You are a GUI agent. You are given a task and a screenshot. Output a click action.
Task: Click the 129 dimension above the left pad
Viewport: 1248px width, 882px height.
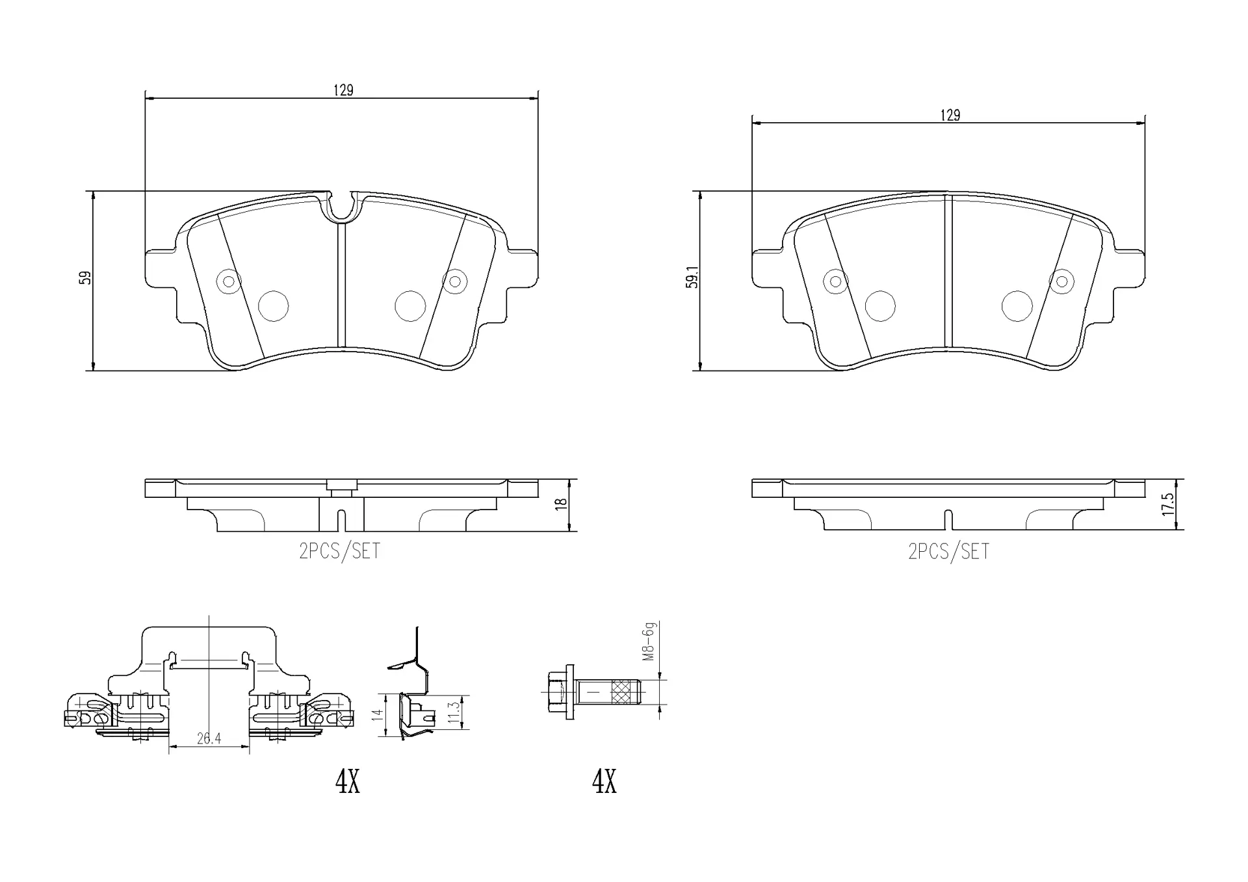tap(343, 90)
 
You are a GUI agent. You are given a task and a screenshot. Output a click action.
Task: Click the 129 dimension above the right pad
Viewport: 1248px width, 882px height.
tap(950, 116)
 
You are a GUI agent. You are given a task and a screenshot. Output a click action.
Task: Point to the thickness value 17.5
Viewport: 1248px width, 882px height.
tap(1167, 504)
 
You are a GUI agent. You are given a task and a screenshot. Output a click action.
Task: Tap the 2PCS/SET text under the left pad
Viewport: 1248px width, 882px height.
tap(339, 552)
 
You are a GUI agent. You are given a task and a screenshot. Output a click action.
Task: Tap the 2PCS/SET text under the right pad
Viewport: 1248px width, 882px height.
tap(948, 552)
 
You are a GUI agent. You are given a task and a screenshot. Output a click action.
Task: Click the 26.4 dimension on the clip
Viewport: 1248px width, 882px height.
tap(209, 739)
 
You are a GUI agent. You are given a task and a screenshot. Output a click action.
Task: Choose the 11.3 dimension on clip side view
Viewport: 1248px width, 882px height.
tap(454, 713)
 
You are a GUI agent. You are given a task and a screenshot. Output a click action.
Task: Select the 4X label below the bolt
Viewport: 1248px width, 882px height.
tap(604, 782)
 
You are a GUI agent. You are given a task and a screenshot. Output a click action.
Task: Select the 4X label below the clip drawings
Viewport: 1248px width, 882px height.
tap(347, 782)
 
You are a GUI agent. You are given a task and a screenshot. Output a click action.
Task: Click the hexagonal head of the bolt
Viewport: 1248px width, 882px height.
tap(556, 692)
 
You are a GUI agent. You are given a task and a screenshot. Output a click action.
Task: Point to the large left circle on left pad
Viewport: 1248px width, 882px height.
tap(273, 305)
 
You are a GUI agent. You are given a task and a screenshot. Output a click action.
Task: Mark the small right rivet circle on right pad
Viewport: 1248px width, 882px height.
tap(1061, 281)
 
